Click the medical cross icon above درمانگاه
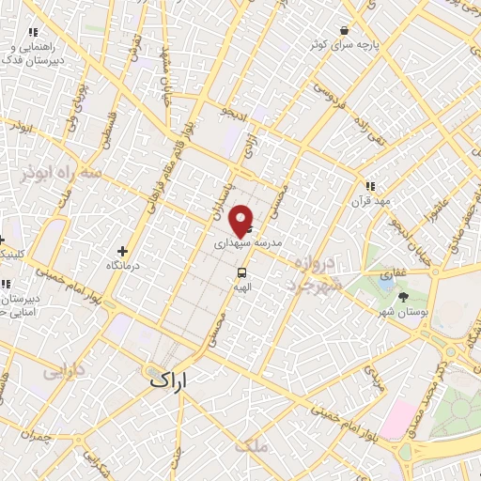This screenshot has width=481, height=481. [123, 251]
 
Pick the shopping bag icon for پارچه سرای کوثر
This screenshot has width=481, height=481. [345, 29]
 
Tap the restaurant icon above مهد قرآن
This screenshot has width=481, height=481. [370, 186]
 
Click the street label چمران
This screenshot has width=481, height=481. [38, 437]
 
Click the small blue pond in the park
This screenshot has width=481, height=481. [386, 277]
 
